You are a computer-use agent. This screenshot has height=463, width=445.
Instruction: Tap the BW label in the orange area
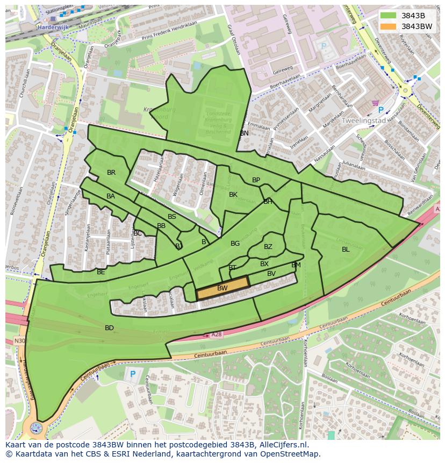pos(223,288)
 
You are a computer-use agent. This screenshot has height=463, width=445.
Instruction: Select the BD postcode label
pos(109,327)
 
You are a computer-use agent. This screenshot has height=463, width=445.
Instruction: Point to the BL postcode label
pos(346,249)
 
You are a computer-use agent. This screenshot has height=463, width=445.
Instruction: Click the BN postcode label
pos(245,133)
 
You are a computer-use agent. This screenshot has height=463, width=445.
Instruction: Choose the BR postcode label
pos(111,173)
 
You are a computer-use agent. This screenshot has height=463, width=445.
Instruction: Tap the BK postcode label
pos(233,194)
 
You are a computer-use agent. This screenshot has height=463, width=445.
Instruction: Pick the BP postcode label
pos(256,180)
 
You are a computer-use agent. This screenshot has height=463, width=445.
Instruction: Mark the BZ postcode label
pos(268,247)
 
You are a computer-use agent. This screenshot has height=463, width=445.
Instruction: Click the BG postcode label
pos(235,244)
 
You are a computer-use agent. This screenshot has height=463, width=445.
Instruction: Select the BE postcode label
pos(101,272)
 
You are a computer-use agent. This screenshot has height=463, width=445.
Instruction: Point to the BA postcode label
pos(111,196)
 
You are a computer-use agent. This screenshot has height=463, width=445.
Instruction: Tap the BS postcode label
pos(172,217)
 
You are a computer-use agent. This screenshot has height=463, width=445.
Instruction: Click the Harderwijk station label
pos(53,26)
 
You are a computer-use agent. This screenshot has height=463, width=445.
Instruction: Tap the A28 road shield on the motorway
pos(216,334)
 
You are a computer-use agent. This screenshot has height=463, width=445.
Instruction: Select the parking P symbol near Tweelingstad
pos(381,110)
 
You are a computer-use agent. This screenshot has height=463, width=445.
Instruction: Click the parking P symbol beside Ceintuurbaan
pos(132,374)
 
